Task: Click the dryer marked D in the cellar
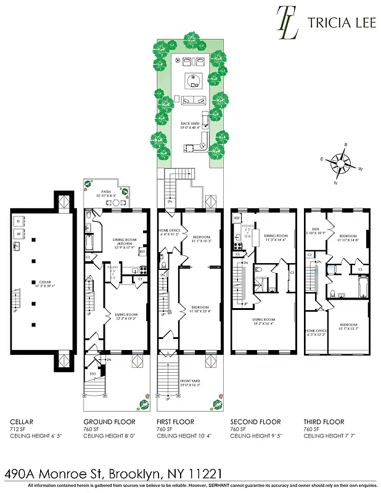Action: [18, 221]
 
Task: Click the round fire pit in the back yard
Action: [194, 79]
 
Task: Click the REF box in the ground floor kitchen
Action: [142, 251]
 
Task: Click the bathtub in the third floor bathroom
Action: [364, 287]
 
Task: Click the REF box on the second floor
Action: [237, 218]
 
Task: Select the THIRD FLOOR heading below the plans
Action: [323, 422]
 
